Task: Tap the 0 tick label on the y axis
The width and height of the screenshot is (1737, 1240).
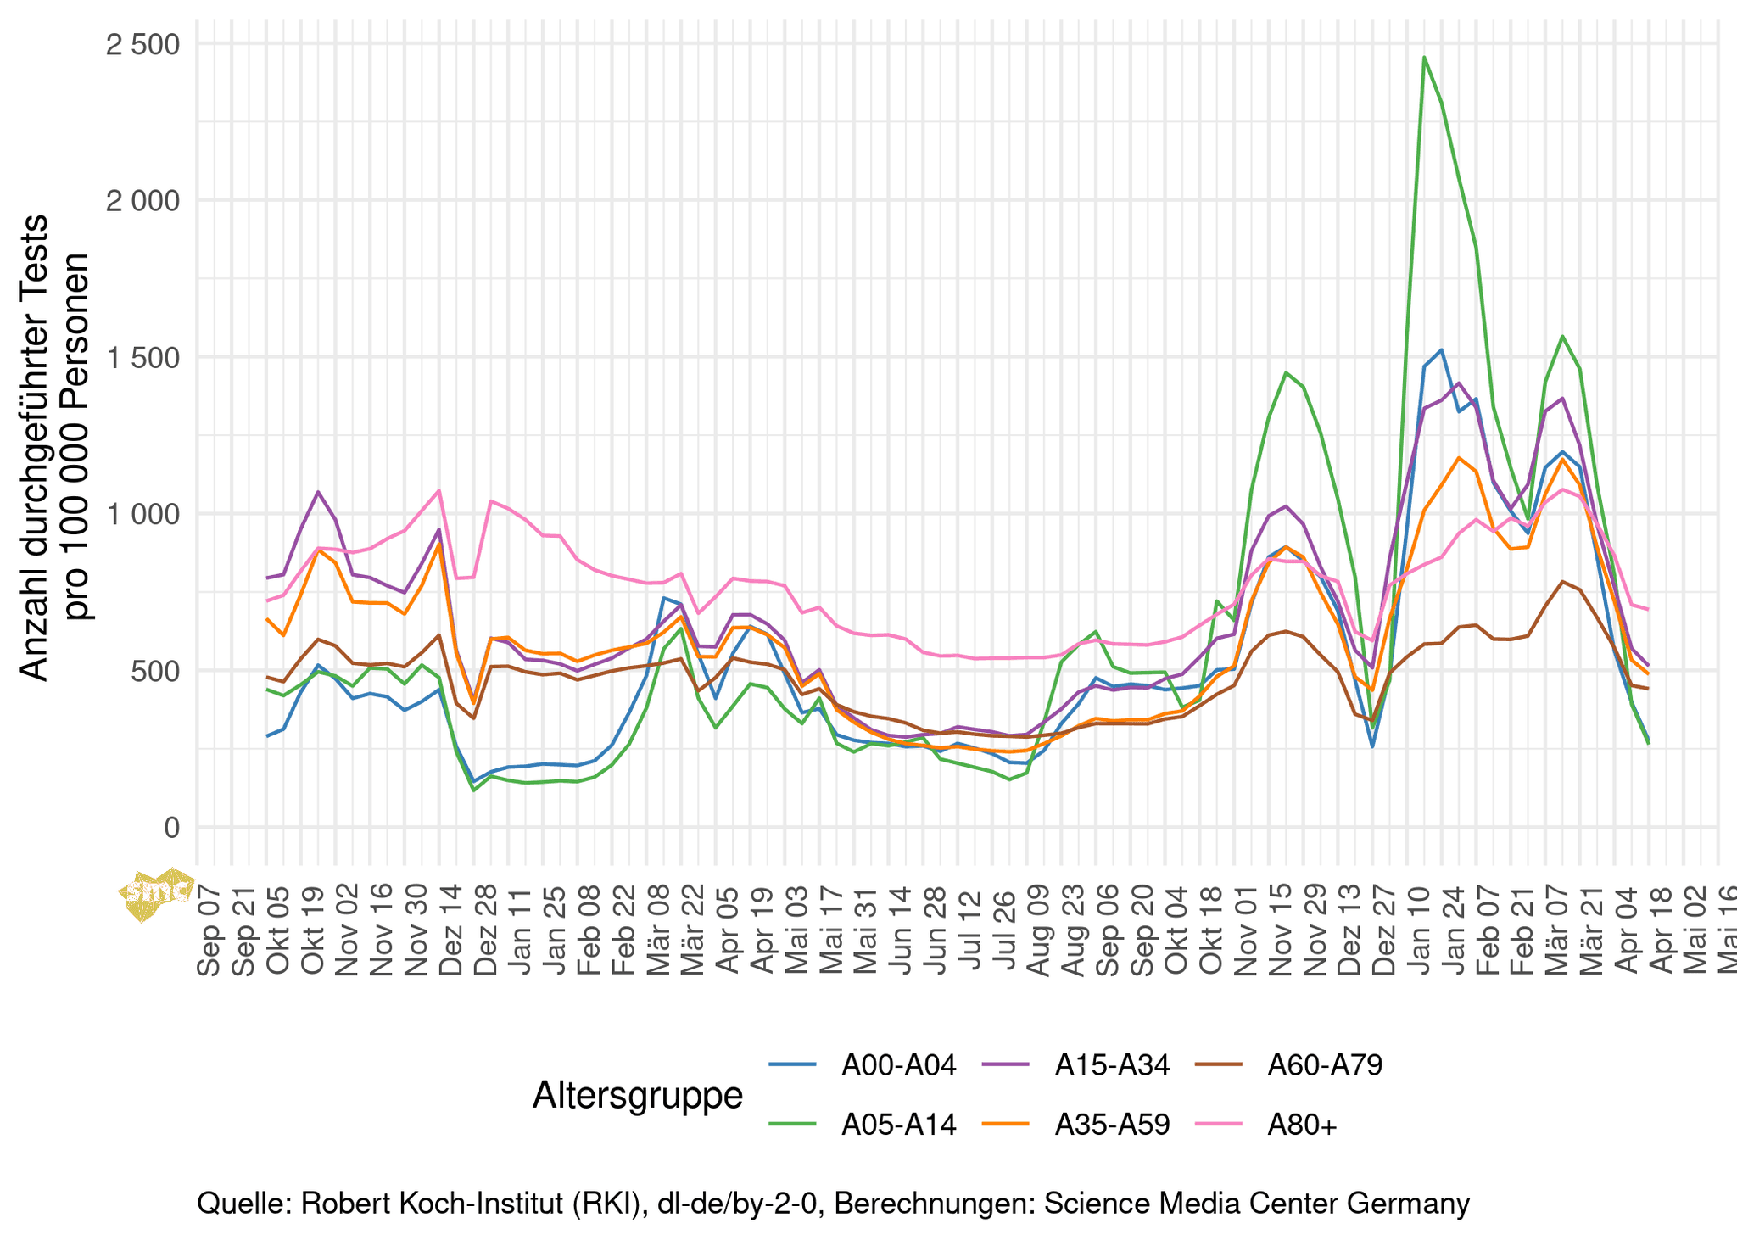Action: click(172, 828)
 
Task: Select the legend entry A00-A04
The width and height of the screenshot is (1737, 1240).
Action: click(898, 1065)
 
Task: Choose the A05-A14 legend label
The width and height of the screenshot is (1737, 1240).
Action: click(898, 1125)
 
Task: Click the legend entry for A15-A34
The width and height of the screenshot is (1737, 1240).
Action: click(1112, 1065)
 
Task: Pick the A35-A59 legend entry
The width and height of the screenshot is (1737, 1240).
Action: click(1112, 1125)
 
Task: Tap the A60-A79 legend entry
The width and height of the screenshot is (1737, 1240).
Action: click(1325, 1065)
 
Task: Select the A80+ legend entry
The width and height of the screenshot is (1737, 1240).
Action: click(1302, 1125)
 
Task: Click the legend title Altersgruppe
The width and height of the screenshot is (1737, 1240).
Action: click(638, 1095)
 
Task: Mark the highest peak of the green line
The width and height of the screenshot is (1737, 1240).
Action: click(1424, 58)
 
